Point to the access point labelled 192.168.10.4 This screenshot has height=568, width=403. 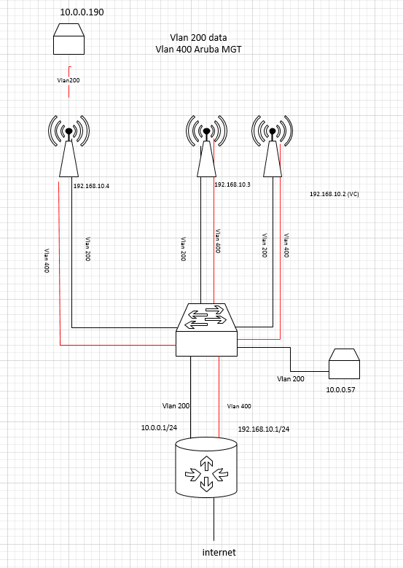click(x=68, y=146)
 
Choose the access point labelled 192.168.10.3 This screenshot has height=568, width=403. click(x=207, y=146)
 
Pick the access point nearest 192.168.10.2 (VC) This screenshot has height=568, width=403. click(x=272, y=146)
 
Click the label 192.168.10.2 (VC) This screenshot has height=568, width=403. click(x=334, y=195)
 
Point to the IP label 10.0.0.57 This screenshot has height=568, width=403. click(x=343, y=391)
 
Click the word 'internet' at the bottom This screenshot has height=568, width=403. click(x=219, y=552)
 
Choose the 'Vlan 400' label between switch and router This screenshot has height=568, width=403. click(x=240, y=405)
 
